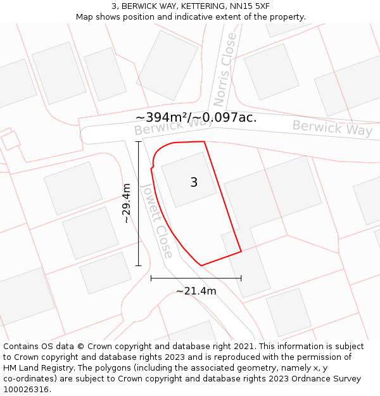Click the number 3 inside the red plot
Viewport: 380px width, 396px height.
tap(194, 182)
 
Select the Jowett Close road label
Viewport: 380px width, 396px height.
tap(156, 220)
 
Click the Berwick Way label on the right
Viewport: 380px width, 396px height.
tap(332, 128)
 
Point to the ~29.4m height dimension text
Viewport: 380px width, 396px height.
tap(127, 203)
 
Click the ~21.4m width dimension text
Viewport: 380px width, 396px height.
tap(196, 291)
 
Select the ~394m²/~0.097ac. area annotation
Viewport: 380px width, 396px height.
tap(196, 117)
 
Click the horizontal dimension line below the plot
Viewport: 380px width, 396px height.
tap(196, 278)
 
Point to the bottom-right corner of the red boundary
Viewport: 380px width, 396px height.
tap(241, 252)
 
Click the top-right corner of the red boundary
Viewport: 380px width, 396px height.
tap(204, 142)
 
